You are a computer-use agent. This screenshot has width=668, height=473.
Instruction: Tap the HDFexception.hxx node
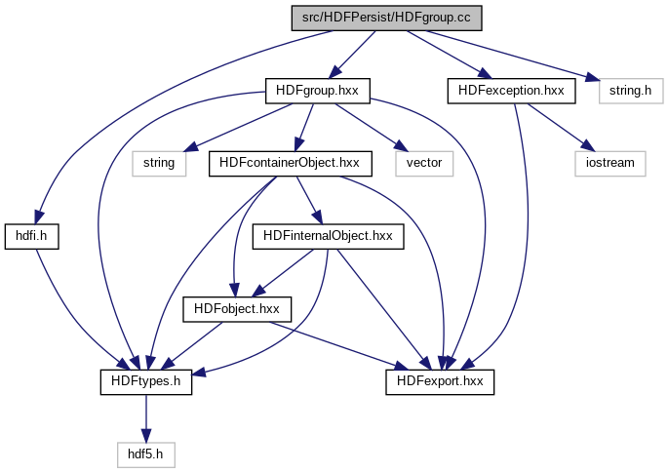pos(511,92)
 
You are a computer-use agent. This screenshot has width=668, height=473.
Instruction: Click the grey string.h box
pos(630,92)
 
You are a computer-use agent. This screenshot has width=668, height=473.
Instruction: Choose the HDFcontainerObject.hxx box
pos(291,163)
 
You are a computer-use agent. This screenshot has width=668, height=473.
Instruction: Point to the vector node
pos(424,163)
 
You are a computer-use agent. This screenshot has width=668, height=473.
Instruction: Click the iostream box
pos(610,163)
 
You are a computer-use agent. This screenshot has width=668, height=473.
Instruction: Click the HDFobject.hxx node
pos(237,308)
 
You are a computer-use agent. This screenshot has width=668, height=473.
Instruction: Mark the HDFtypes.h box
pos(146,381)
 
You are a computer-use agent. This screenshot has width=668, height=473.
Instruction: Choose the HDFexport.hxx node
pos(441,381)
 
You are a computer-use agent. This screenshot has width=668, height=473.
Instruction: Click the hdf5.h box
pos(146,453)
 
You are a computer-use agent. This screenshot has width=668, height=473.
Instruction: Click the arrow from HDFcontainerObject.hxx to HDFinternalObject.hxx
pos(309,199)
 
